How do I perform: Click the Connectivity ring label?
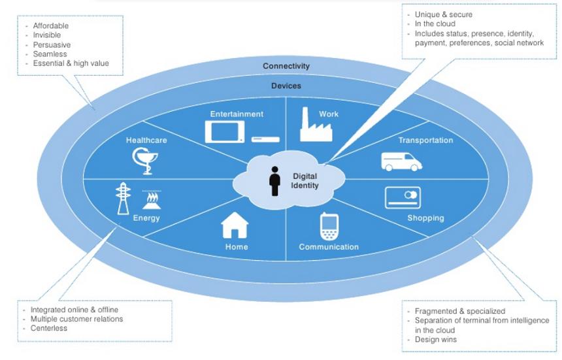click(286, 66)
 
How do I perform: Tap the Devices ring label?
click(286, 86)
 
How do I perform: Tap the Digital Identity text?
click(305, 180)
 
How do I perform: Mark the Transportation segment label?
click(425, 140)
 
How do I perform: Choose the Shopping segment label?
click(425, 218)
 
